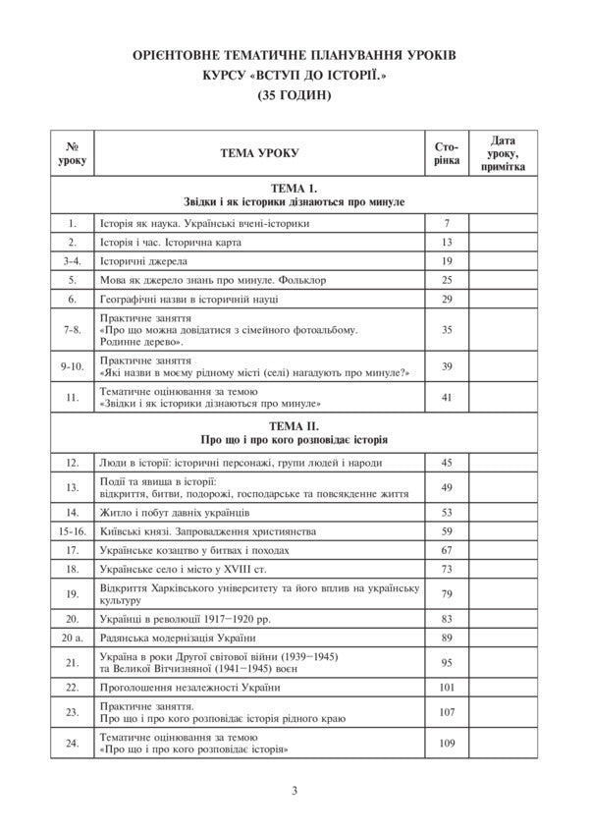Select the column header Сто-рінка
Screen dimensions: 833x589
pos(445,153)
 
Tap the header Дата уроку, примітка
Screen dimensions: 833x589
pos(504,153)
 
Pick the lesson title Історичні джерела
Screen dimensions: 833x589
pos(137,261)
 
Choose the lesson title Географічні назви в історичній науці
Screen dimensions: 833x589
pos(189,299)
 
